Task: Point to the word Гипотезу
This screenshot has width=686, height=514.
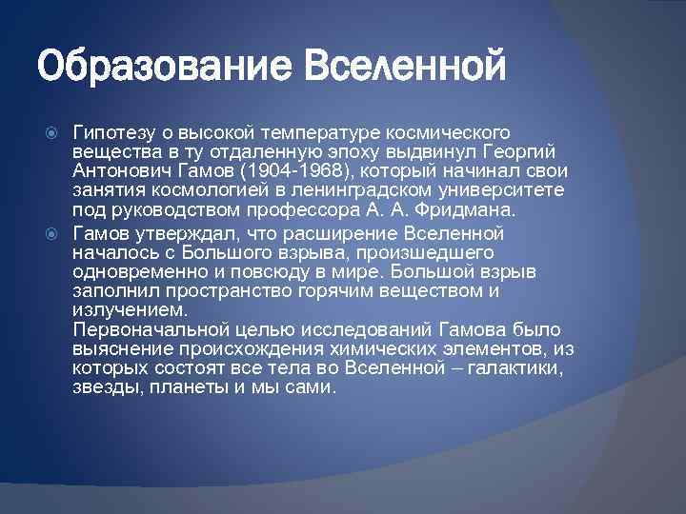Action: point(112,130)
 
